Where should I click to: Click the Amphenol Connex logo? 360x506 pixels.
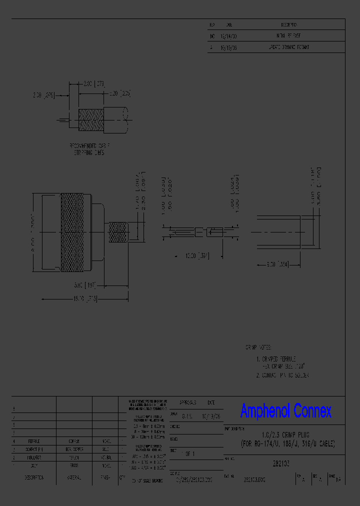(x=285, y=411)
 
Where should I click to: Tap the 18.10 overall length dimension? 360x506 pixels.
(x=85, y=298)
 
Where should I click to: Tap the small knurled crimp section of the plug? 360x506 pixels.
(x=117, y=233)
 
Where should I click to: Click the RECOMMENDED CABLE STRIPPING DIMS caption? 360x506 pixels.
(x=90, y=149)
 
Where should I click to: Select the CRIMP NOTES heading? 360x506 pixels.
(x=257, y=346)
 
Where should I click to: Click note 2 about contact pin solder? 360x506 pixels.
(x=283, y=375)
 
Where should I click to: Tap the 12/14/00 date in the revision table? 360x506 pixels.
(x=229, y=36)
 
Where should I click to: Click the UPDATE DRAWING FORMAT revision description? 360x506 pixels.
(x=289, y=47)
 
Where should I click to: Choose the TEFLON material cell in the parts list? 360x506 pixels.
(x=74, y=457)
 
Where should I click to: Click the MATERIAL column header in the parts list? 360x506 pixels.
(x=74, y=477)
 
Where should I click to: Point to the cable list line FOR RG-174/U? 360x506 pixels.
(x=287, y=443)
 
